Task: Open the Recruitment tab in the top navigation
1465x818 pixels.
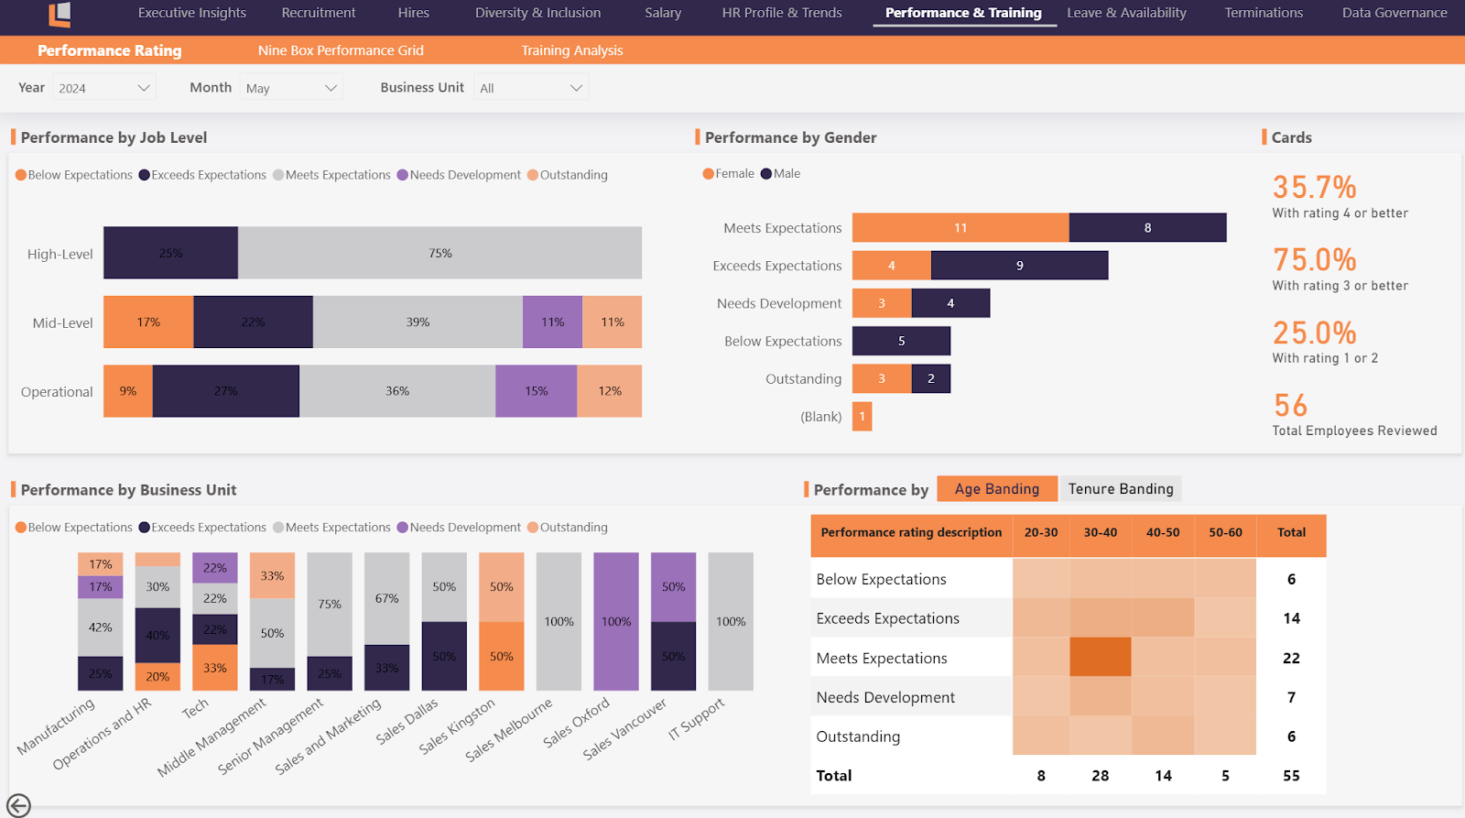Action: click(x=318, y=13)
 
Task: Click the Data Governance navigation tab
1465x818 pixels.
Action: click(x=1394, y=13)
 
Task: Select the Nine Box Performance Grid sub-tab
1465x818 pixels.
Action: click(x=341, y=50)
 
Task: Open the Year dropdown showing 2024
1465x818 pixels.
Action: click(x=103, y=88)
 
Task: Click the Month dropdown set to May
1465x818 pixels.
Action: click(x=291, y=88)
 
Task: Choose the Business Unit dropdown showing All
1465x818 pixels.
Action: click(x=531, y=88)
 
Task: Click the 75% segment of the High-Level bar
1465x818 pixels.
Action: click(x=439, y=253)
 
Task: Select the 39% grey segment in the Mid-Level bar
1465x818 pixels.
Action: click(x=418, y=322)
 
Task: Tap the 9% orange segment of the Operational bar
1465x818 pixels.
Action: click(x=127, y=391)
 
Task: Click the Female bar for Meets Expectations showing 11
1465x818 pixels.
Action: click(x=960, y=227)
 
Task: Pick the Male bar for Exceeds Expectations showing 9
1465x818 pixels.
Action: click(x=1019, y=266)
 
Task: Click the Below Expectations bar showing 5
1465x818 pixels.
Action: click(x=901, y=341)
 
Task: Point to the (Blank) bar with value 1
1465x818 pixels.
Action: click(x=862, y=417)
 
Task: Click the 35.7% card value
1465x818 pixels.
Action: click(x=1314, y=188)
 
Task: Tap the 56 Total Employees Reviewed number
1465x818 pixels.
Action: click(x=1290, y=406)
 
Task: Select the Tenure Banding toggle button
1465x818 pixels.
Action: click(x=1120, y=489)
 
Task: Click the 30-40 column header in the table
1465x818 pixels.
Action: click(x=1100, y=532)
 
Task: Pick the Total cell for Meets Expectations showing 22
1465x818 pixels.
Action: click(x=1291, y=658)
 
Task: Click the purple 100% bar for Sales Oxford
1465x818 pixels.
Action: click(x=616, y=621)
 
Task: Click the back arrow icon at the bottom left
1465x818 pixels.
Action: click(x=18, y=805)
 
